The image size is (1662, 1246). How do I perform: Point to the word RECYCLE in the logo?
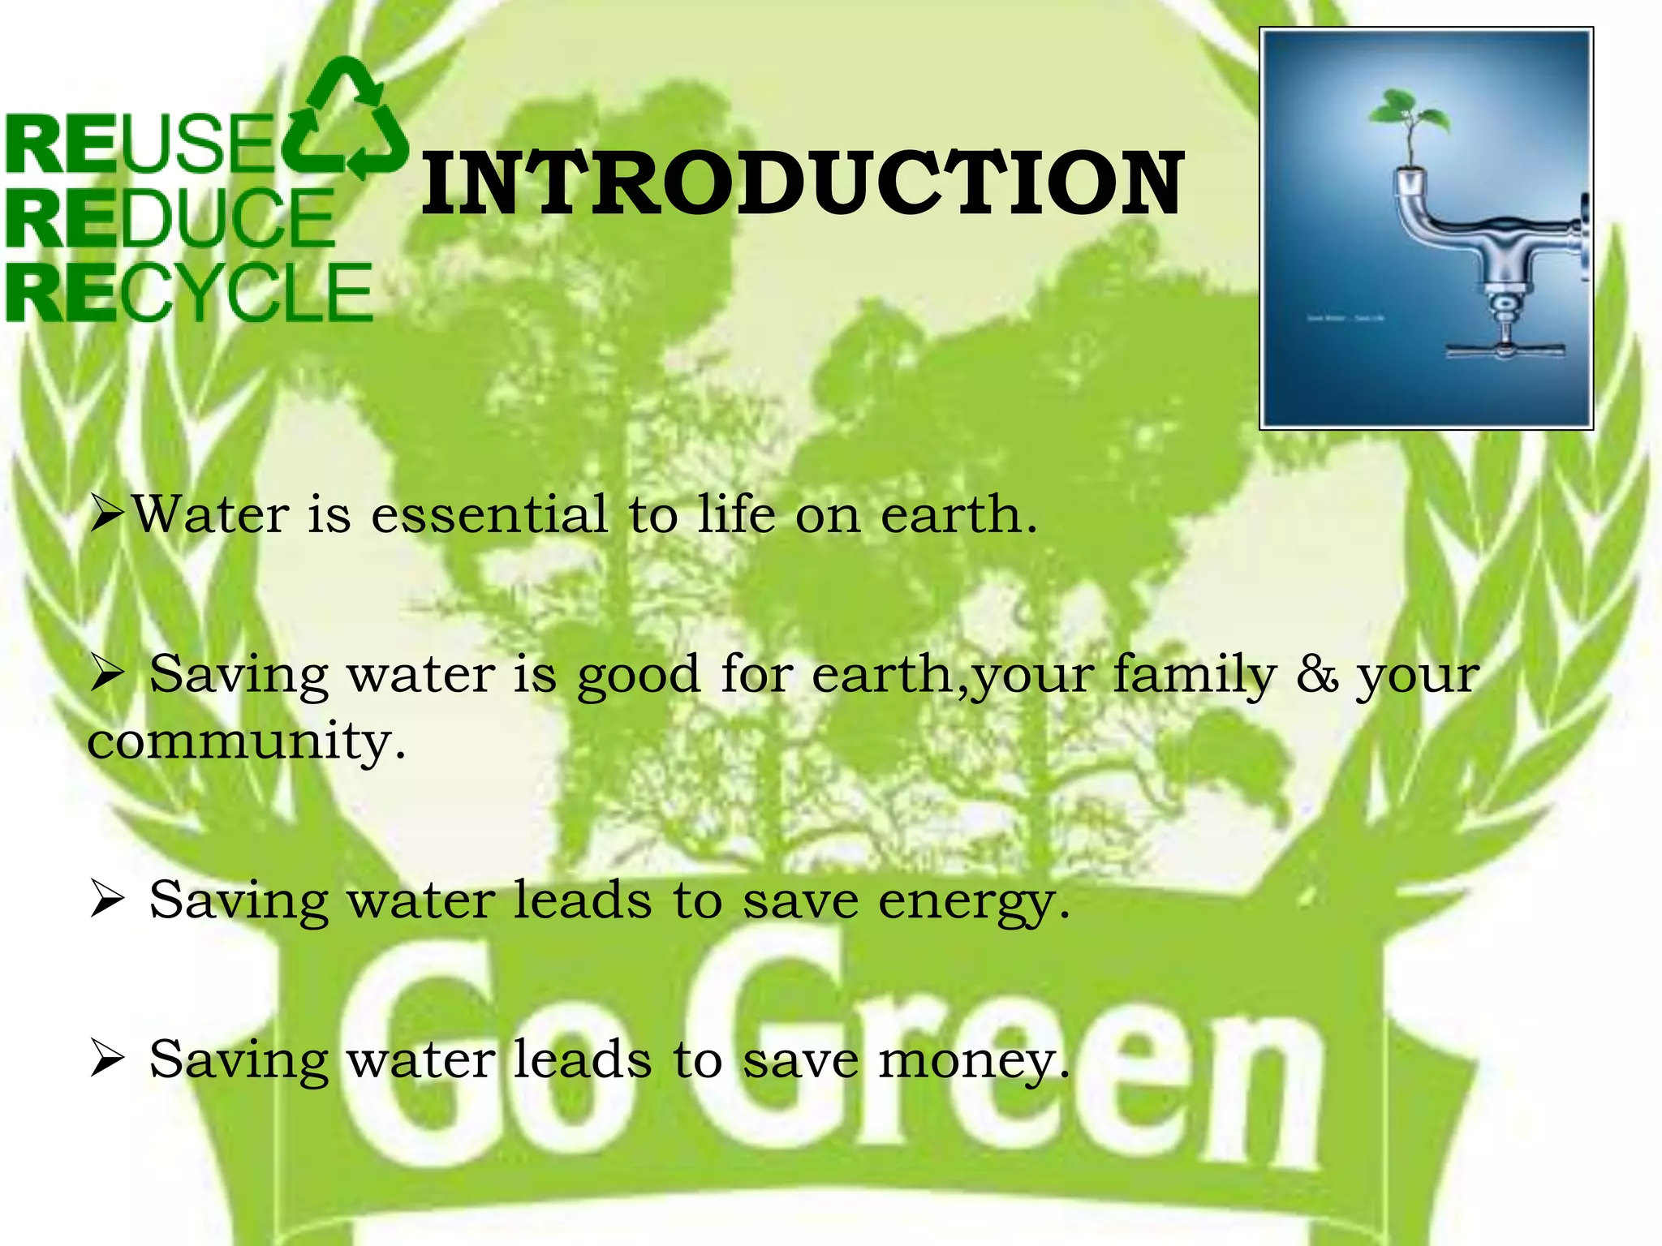pyautogui.click(x=188, y=292)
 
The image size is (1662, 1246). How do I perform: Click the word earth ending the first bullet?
pyautogui.click(x=958, y=514)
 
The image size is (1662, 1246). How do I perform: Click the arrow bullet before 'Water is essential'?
pyautogui.click(x=106, y=514)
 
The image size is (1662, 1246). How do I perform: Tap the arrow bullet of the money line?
pyautogui.click(x=106, y=1059)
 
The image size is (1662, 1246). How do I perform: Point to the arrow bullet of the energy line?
pyautogui.click(x=106, y=900)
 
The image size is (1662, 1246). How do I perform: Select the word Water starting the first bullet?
pyautogui.click(x=210, y=514)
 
